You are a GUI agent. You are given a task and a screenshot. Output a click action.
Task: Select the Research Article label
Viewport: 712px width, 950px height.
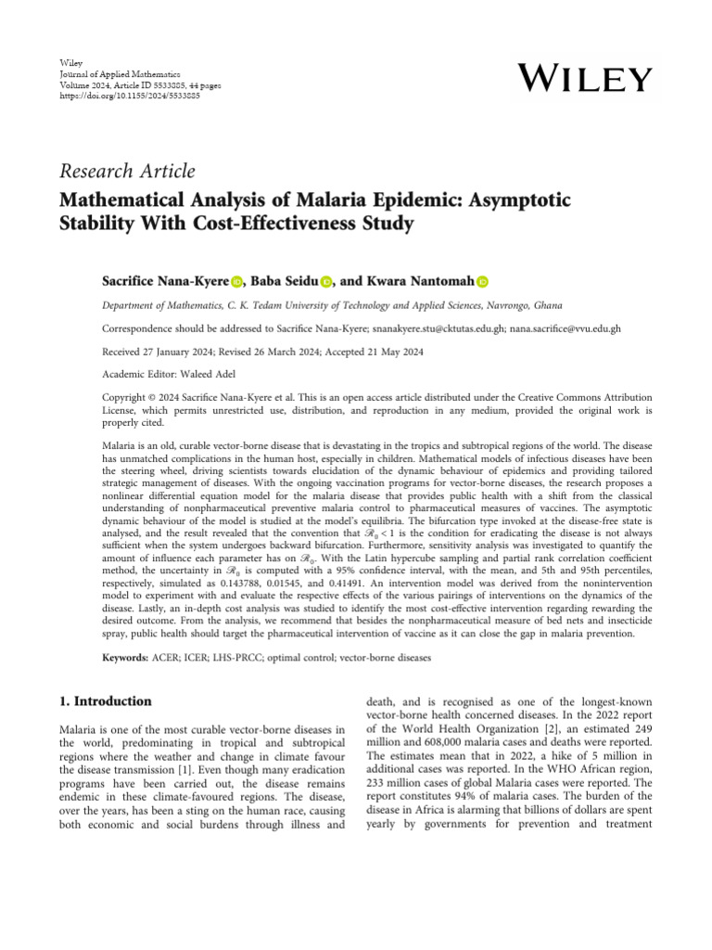pyautogui.click(x=127, y=171)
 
